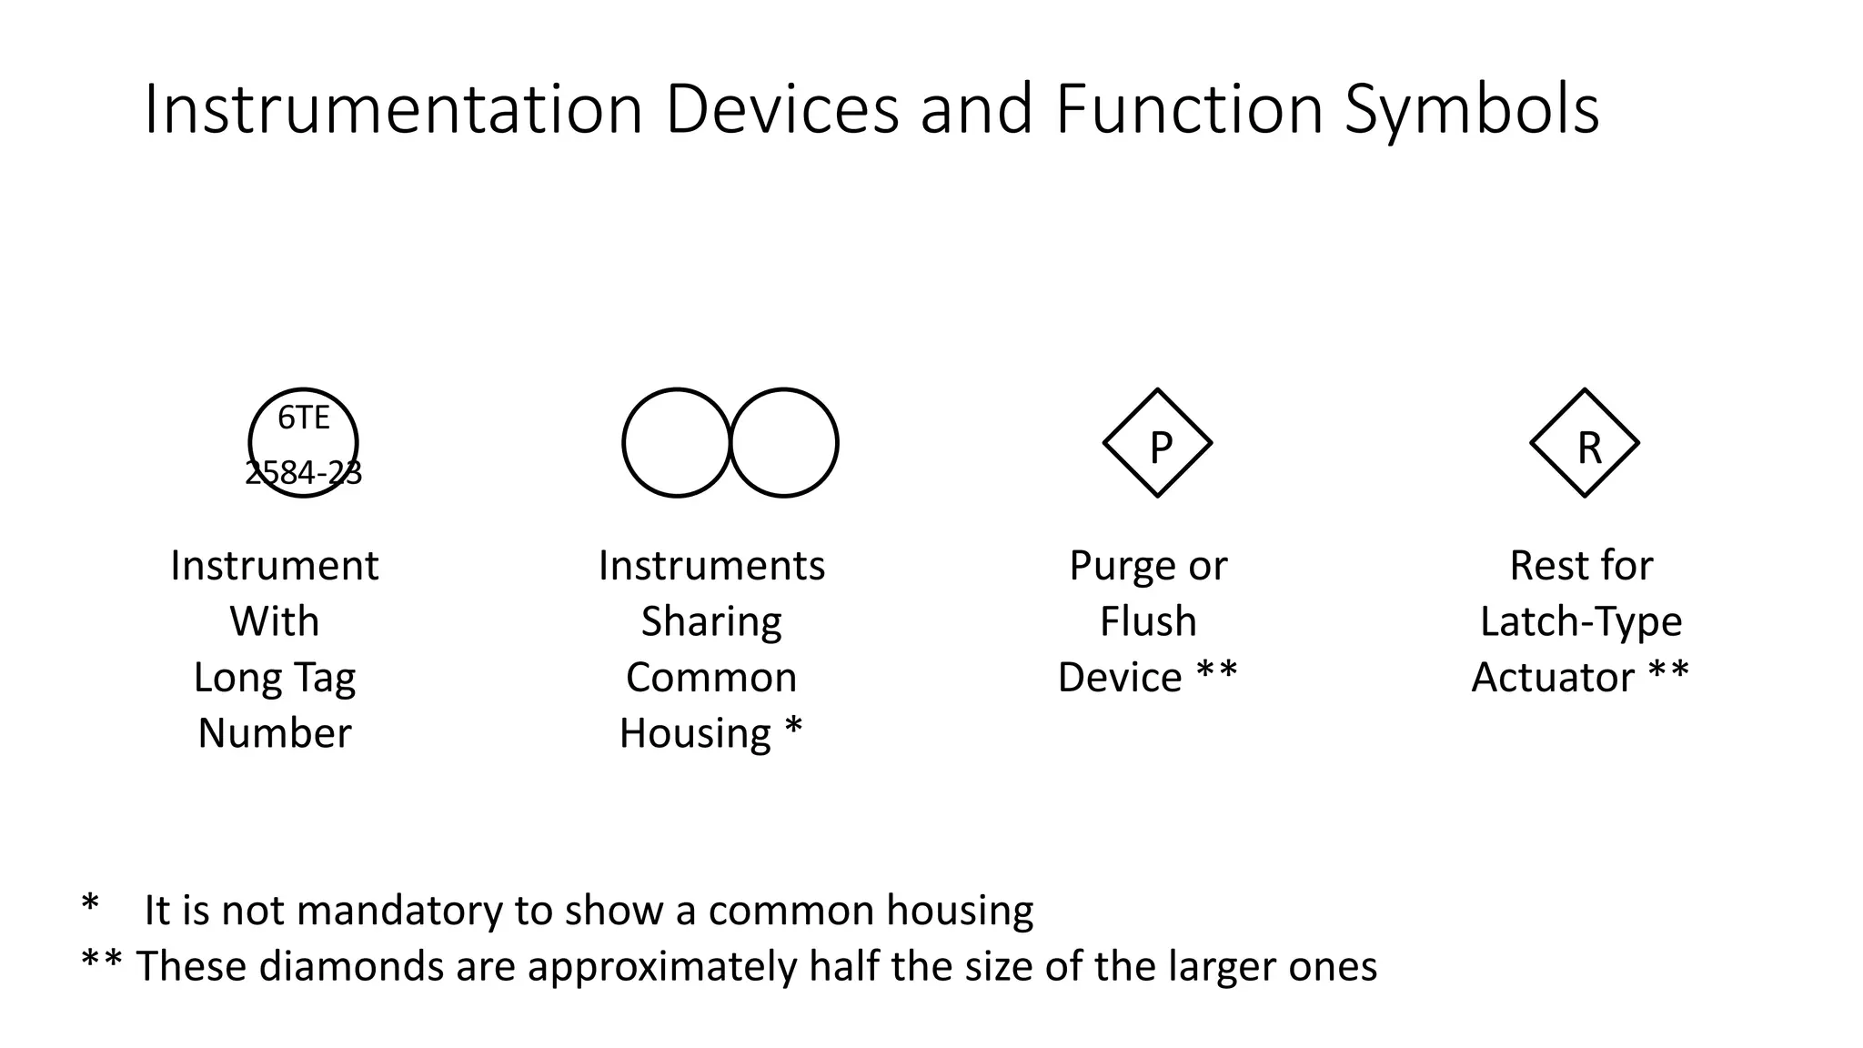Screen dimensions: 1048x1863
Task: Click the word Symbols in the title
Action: click(x=1471, y=110)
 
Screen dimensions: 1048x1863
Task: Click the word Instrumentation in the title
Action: click(x=394, y=110)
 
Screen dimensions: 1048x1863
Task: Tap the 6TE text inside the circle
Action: click(x=303, y=418)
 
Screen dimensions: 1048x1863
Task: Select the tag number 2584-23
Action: click(x=303, y=473)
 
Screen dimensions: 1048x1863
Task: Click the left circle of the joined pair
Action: click(x=676, y=443)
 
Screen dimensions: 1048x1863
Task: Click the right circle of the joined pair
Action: click(x=784, y=443)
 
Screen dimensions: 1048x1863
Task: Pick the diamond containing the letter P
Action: click(x=1157, y=444)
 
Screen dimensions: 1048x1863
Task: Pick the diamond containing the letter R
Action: click(x=1585, y=444)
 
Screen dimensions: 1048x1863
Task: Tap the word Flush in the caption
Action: click(x=1148, y=622)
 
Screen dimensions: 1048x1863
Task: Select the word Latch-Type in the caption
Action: click(x=1581, y=622)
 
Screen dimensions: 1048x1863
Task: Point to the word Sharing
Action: click(x=711, y=622)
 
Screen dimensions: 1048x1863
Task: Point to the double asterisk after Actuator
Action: click(x=1668, y=673)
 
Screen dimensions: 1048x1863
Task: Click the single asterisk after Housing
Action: click(x=793, y=728)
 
